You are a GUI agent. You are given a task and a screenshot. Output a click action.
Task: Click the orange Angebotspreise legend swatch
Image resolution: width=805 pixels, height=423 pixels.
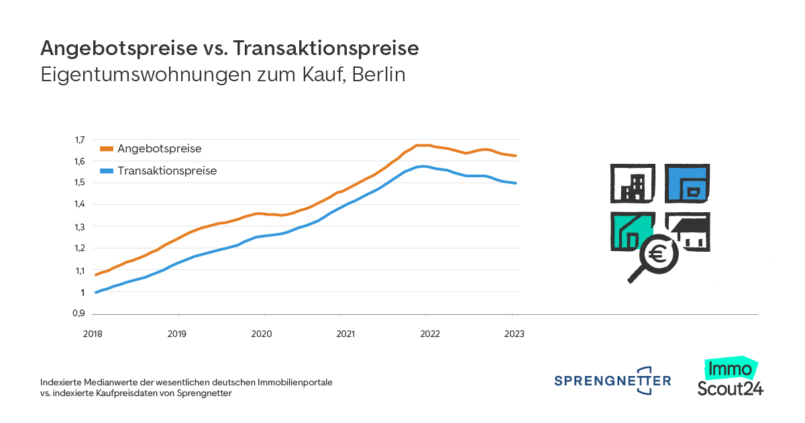107,149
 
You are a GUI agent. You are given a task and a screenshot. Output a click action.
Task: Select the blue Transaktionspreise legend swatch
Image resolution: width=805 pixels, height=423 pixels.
107,171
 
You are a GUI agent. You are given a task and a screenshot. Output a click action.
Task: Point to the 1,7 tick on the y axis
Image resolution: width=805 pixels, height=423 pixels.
80,140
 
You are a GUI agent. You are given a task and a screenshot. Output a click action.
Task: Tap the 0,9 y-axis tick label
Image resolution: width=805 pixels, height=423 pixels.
80,314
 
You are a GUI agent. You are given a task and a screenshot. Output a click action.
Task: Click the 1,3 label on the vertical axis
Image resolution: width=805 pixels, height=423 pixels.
80,227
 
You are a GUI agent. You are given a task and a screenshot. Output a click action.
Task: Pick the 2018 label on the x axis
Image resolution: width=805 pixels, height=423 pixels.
92,334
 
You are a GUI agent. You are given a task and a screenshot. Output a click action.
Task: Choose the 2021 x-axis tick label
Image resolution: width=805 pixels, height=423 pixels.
345,334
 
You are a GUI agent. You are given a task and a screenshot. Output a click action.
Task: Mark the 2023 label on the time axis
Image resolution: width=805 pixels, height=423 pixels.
514,334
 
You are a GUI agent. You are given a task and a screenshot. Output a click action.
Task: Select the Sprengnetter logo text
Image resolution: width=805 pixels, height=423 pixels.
612,381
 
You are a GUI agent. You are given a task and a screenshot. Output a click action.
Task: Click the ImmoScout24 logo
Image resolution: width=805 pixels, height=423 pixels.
730,379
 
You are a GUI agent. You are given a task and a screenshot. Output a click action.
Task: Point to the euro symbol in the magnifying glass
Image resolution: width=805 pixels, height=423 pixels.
657,255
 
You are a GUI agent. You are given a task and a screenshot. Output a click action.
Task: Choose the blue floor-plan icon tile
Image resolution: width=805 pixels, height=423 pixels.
688,183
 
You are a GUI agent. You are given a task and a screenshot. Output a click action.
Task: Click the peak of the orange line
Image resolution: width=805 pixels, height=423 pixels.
423,145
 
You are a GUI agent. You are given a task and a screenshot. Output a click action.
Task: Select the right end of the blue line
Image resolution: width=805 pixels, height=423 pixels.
515,183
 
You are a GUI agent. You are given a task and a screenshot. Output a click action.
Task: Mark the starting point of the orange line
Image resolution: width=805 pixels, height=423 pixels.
95,275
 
